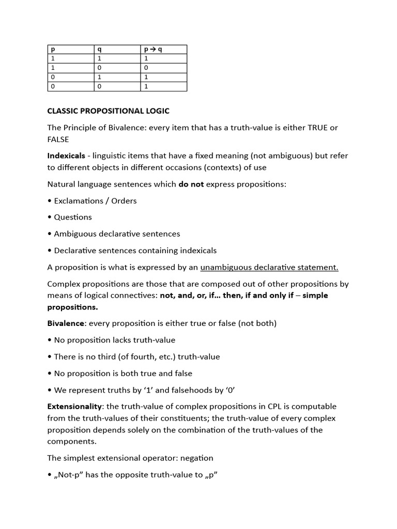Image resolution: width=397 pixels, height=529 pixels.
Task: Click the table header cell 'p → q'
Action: (x=154, y=50)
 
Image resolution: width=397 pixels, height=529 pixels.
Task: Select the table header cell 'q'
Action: (x=100, y=50)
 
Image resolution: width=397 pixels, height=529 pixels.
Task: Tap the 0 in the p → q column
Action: (x=146, y=68)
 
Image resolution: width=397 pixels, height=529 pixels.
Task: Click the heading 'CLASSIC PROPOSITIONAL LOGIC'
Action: (x=108, y=111)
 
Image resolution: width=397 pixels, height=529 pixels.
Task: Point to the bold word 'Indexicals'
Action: (x=66, y=155)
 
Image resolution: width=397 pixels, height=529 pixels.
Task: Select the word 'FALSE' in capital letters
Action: (x=58, y=139)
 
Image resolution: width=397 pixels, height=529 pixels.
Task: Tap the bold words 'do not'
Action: (x=191, y=184)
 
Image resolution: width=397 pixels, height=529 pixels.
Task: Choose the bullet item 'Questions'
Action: (x=73, y=217)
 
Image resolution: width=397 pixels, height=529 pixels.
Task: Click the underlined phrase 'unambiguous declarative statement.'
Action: (x=269, y=267)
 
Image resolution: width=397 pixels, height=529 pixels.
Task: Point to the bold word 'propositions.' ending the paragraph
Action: (x=72, y=307)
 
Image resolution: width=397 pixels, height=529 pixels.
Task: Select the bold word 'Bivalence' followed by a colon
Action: (x=65, y=323)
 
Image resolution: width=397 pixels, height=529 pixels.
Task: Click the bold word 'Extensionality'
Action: (x=74, y=407)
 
